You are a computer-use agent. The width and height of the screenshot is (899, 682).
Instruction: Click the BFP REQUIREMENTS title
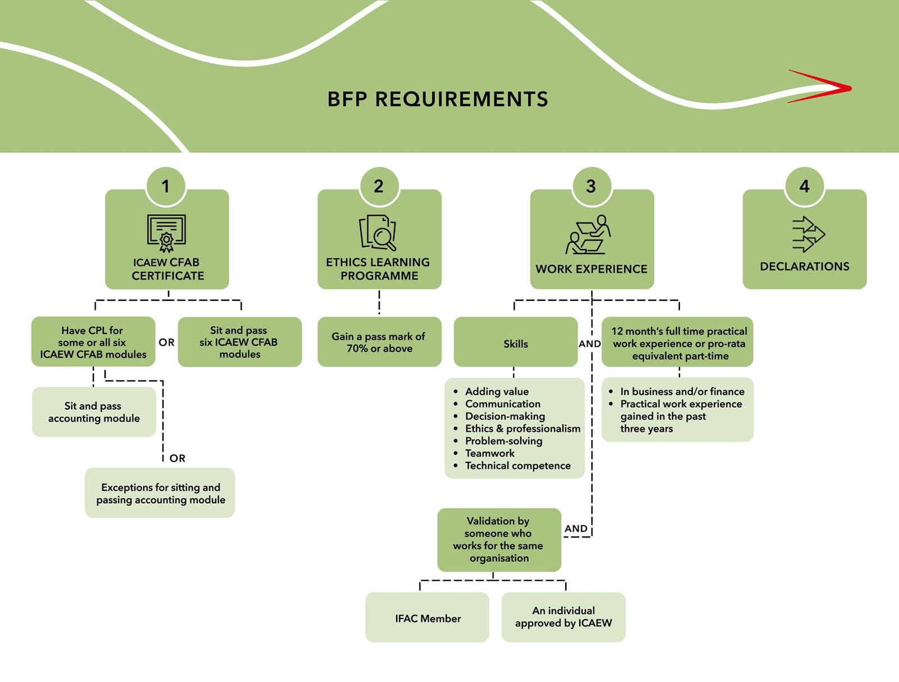point(438,99)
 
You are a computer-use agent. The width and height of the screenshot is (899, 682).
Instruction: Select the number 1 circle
point(165,186)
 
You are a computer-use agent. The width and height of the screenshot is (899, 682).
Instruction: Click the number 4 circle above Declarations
point(804,186)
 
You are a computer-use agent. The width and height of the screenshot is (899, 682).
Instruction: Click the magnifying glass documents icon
point(378,233)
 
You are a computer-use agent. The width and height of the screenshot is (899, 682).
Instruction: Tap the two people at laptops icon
point(588,234)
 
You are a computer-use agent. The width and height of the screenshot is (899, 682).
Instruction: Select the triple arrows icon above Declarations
point(807,234)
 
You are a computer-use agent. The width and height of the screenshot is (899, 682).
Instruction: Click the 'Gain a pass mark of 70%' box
point(379,342)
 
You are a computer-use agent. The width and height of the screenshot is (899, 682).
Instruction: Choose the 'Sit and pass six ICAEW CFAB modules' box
point(239,342)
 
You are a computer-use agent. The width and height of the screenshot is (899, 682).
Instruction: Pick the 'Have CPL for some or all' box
point(93,342)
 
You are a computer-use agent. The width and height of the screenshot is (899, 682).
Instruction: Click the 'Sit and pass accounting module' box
point(94,412)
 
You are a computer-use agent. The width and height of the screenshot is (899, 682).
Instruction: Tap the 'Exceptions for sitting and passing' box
point(160,493)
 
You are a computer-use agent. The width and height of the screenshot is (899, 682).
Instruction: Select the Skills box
point(515,343)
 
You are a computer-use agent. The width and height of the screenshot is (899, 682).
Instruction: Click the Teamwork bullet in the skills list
point(489,453)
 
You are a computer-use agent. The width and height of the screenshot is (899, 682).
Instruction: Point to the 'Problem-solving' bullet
point(503,441)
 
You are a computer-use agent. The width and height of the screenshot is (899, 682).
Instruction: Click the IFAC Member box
point(427,618)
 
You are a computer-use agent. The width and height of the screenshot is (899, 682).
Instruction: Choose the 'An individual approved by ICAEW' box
point(563,617)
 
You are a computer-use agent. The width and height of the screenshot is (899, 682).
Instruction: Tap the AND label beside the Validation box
point(576,529)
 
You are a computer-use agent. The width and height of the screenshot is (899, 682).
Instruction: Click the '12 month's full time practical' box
point(678,343)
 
